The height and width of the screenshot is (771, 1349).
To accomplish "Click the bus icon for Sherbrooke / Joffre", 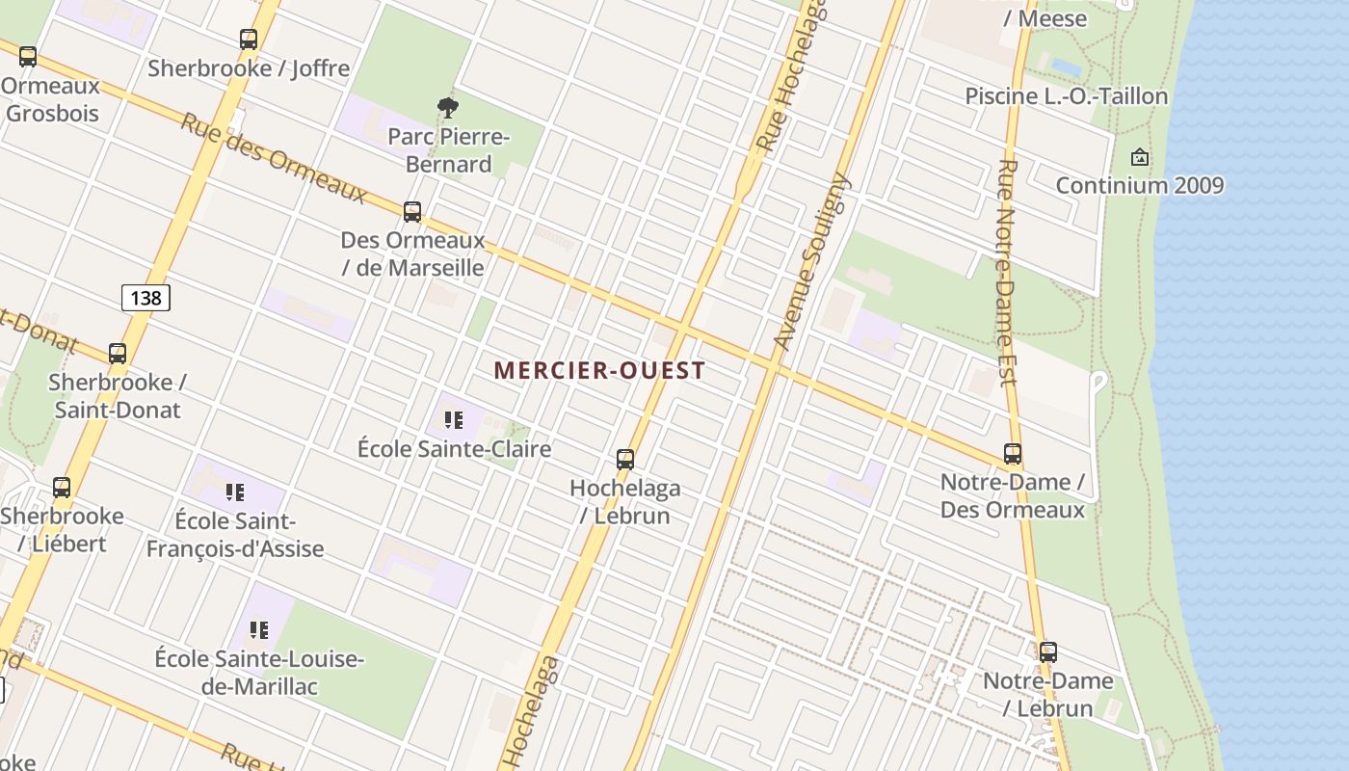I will (x=249, y=40).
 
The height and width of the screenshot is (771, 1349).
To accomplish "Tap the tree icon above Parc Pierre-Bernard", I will (x=447, y=107).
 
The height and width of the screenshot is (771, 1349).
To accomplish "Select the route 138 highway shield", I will (x=145, y=298).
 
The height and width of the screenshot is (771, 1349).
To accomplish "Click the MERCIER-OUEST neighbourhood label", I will (x=599, y=370).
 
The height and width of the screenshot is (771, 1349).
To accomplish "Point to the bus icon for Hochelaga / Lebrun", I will (x=625, y=460).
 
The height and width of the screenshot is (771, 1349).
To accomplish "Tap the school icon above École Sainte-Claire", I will (x=453, y=420).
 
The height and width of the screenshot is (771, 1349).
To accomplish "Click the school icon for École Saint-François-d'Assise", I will (x=234, y=492).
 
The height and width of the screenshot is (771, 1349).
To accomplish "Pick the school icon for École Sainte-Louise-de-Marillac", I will (x=258, y=630).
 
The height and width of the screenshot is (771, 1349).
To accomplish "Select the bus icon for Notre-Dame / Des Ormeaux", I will (x=1013, y=454).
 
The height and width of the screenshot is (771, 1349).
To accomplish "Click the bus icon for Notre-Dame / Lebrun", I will (x=1048, y=652).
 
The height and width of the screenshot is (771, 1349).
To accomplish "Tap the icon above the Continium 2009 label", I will (x=1140, y=156).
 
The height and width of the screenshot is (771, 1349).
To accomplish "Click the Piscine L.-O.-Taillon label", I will (x=1066, y=96).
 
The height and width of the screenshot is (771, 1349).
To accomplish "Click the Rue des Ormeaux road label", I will (x=274, y=159).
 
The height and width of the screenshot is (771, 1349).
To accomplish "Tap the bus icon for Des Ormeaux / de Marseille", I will (x=412, y=212).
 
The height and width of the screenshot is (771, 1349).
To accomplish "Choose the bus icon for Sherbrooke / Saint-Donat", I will (x=118, y=354).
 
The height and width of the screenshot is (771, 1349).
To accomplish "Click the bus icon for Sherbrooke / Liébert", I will (x=62, y=488).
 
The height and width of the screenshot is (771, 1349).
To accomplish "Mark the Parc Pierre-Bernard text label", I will (x=448, y=150).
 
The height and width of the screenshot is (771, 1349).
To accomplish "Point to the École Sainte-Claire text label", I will (x=454, y=449).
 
